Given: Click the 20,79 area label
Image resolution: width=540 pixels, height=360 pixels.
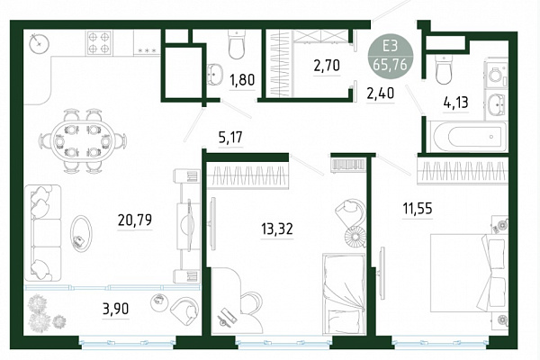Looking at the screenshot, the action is coord(135,220).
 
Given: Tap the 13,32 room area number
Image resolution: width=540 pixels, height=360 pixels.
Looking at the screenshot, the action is coord(277,229).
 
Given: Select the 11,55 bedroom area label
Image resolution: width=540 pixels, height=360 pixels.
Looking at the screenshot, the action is coord(418,209).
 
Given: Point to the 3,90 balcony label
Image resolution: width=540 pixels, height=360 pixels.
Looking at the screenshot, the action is coord(116,309).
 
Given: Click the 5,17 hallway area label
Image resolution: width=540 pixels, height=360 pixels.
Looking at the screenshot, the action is coord(230,138).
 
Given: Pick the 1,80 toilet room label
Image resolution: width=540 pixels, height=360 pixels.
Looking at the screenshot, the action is coord(242,80).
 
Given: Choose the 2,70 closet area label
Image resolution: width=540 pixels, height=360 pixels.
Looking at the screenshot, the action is coord(327,65).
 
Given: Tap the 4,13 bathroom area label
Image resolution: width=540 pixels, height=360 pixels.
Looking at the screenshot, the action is coord(456,103).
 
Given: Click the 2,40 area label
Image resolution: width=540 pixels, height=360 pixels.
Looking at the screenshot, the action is coord(380,93).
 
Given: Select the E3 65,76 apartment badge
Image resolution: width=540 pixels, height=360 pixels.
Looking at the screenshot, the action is coord(390,56).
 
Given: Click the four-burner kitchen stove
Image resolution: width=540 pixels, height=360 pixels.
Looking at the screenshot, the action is coord(100,43).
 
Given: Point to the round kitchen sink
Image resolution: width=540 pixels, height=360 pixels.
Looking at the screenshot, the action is coord(40,43).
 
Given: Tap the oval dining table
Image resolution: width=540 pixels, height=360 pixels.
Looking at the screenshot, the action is coord(82,140).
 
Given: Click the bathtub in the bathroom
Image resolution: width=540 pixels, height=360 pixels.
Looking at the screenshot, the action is coord(466,137).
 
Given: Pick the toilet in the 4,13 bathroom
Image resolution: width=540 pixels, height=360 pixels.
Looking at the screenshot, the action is coord(444,69).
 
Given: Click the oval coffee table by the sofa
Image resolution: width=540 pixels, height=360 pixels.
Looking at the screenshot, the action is coord(81,232).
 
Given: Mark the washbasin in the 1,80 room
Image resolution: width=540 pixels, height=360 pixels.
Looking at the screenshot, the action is coord(215,74).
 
